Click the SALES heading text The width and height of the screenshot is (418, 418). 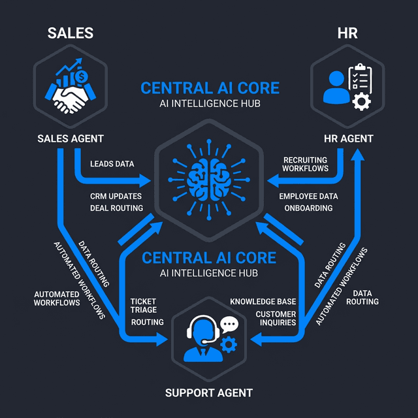(x=70, y=33)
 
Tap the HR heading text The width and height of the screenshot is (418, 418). (x=348, y=33)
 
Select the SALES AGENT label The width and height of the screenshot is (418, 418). (x=70, y=138)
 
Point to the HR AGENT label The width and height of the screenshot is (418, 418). (x=348, y=138)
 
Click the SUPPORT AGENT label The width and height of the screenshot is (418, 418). (x=208, y=393)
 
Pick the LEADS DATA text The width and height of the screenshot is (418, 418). (x=112, y=164)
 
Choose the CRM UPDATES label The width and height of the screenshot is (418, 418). (x=116, y=196)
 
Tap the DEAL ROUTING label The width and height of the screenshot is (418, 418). (x=116, y=208)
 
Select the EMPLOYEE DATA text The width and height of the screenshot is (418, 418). (x=308, y=196)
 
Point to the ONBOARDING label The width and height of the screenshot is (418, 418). (x=308, y=208)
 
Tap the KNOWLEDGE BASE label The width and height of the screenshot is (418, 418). (x=263, y=302)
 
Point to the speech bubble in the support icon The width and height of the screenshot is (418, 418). (x=228, y=323)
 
